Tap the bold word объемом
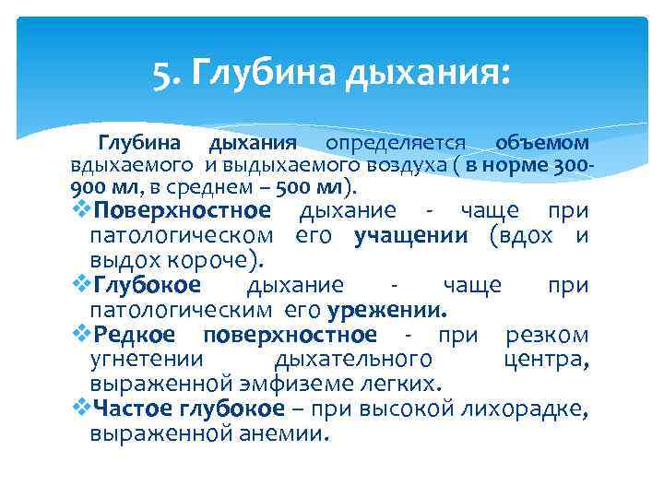pyautogui.click(x=542, y=143)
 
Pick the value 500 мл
pyautogui.click(x=311, y=187)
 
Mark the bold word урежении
pyautogui.click(x=397, y=308)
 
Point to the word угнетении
pyautogui.click(x=147, y=358)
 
